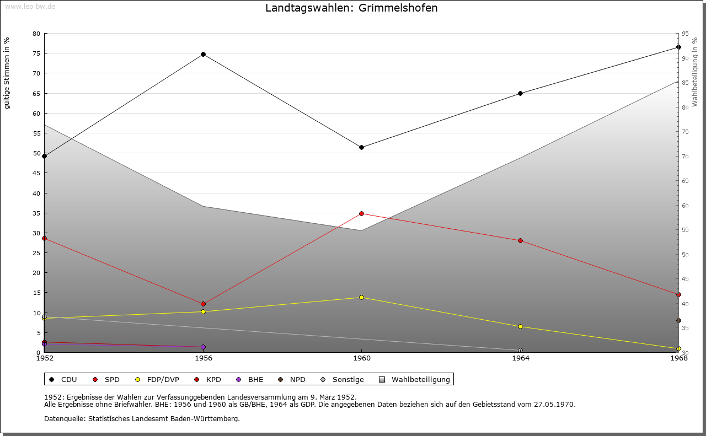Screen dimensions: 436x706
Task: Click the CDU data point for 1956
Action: click(x=203, y=54)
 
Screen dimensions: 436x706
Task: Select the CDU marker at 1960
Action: click(x=361, y=147)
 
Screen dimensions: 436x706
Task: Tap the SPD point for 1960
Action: click(x=361, y=213)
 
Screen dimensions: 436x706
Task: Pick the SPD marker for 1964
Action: click(x=520, y=240)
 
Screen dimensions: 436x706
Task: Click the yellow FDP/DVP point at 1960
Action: click(x=361, y=297)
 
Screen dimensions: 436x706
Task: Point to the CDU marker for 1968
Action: click(x=678, y=47)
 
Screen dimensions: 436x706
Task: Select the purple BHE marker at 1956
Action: click(x=203, y=347)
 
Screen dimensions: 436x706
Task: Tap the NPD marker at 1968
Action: click(x=678, y=320)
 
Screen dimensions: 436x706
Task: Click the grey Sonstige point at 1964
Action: click(x=520, y=350)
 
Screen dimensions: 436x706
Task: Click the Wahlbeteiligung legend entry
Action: click(x=420, y=379)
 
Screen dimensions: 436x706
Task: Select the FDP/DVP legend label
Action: click(x=163, y=379)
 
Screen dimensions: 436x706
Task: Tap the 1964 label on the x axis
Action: click(x=520, y=358)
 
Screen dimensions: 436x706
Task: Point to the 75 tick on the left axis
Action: click(x=36, y=53)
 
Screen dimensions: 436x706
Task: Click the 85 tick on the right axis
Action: click(x=686, y=83)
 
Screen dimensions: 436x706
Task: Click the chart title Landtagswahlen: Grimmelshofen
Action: click(x=351, y=8)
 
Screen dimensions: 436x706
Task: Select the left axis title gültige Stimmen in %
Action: click(x=7, y=73)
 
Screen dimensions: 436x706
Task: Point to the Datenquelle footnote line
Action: click(x=142, y=419)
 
